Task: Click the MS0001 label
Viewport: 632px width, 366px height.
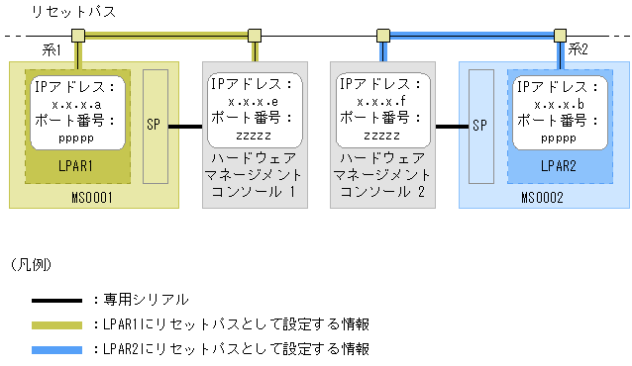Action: point(92,197)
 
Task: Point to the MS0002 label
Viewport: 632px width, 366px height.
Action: point(541,197)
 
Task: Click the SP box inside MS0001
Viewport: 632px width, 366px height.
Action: point(156,126)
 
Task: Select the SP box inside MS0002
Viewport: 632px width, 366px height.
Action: point(481,126)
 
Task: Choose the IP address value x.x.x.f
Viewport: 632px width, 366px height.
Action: point(381,102)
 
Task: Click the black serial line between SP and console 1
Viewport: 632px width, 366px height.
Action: point(185,126)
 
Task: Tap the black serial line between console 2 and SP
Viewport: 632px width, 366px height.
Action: point(452,126)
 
